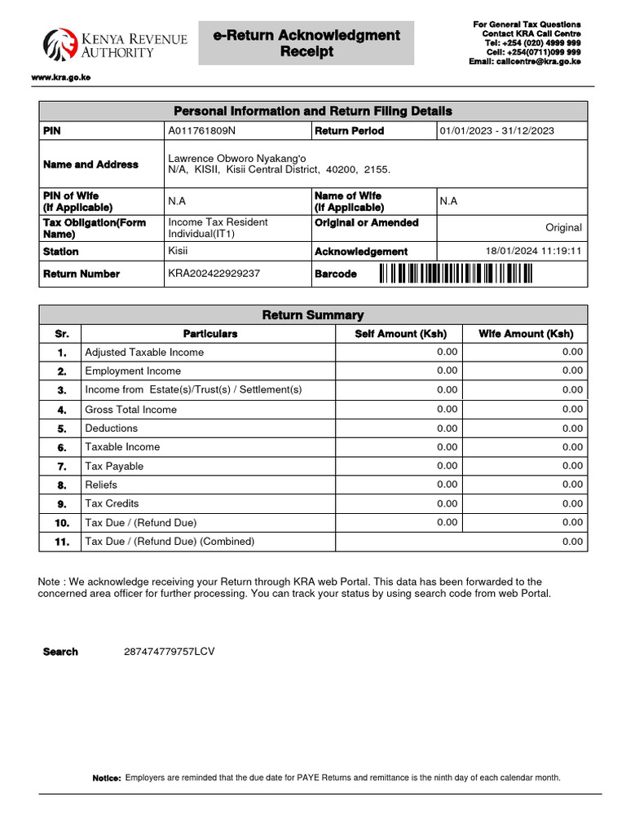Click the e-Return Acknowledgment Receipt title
(306, 43)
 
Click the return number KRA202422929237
(214, 274)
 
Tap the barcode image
(456, 274)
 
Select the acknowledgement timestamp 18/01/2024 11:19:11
(533, 251)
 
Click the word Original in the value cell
(563, 228)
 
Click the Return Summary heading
(313, 315)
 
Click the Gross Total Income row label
(130, 410)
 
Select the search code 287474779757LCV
(170, 652)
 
